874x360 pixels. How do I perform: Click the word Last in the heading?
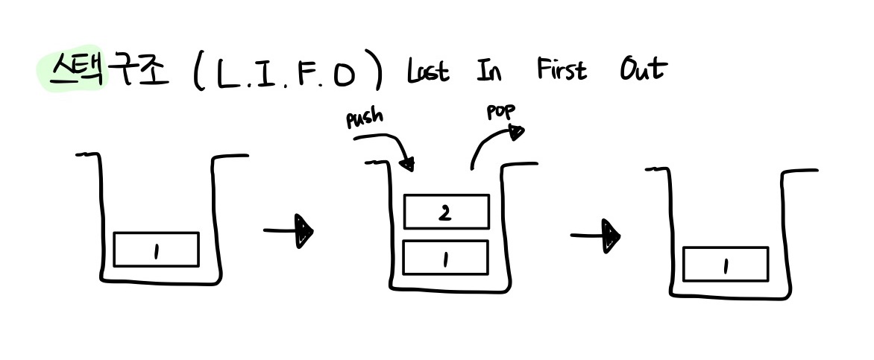pyautogui.click(x=427, y=72)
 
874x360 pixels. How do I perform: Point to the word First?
pyautogui.click(x=562, y=70)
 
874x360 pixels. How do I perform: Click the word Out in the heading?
pyautogui.click(x=642, y=69)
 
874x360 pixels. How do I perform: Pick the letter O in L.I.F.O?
pyautogui.click(x=344, y=75)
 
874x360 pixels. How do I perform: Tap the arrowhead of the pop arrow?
pyautogui.click(x=515, y=132)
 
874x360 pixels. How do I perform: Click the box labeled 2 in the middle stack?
pyautogui.click(x=446, y=212)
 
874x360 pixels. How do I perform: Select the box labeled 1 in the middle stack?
pyautogui.click(x=445, y=257)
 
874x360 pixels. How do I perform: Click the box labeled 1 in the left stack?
pyautogui.click(x=156, y=249)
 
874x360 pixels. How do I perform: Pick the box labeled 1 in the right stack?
pyautogui.click(x=725, y=264)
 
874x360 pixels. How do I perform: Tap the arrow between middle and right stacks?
pyautogui.click(x=596, y=236)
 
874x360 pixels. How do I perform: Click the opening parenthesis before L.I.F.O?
pyautogui.click(x=198, y=74)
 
